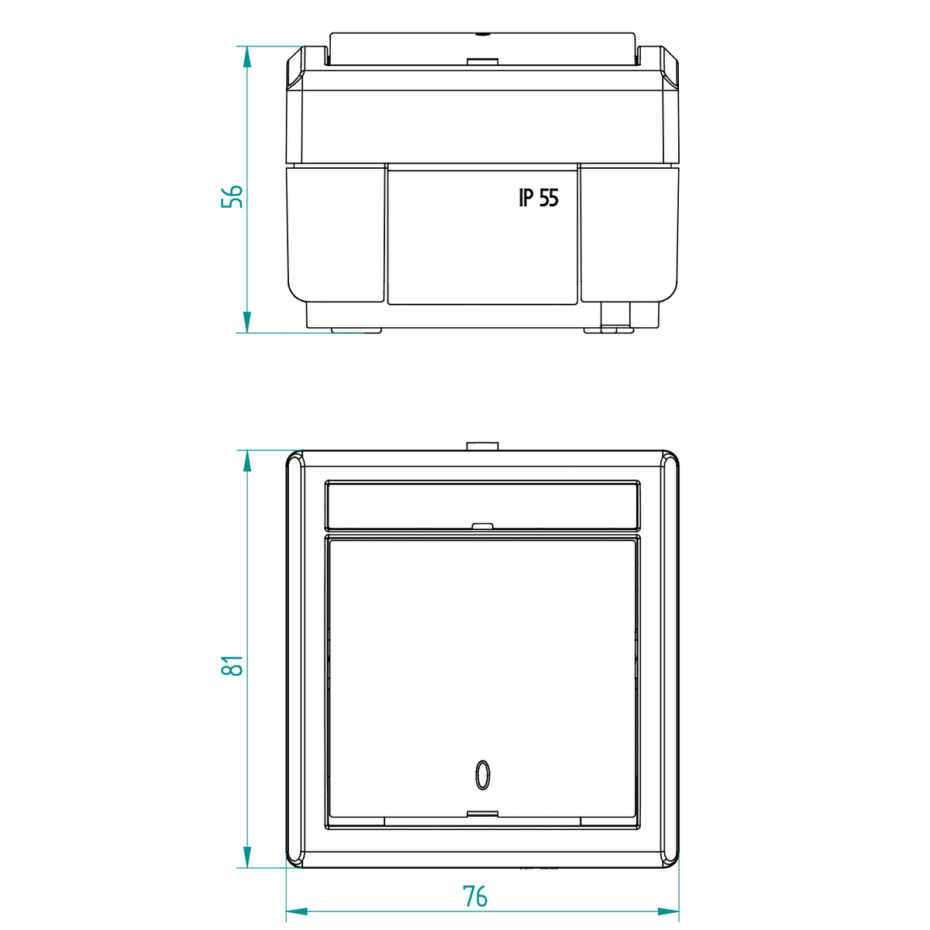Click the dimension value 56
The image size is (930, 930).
(232, 196)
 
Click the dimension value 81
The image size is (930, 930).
(232, 666)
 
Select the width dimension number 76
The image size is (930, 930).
(475, 896)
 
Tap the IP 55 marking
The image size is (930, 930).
(539, 198)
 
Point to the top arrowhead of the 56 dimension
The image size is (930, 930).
(247, 57)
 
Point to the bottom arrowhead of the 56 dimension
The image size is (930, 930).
(247, 322)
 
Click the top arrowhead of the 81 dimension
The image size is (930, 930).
(247, 461)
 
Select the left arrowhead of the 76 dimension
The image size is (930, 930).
(297, 911)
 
